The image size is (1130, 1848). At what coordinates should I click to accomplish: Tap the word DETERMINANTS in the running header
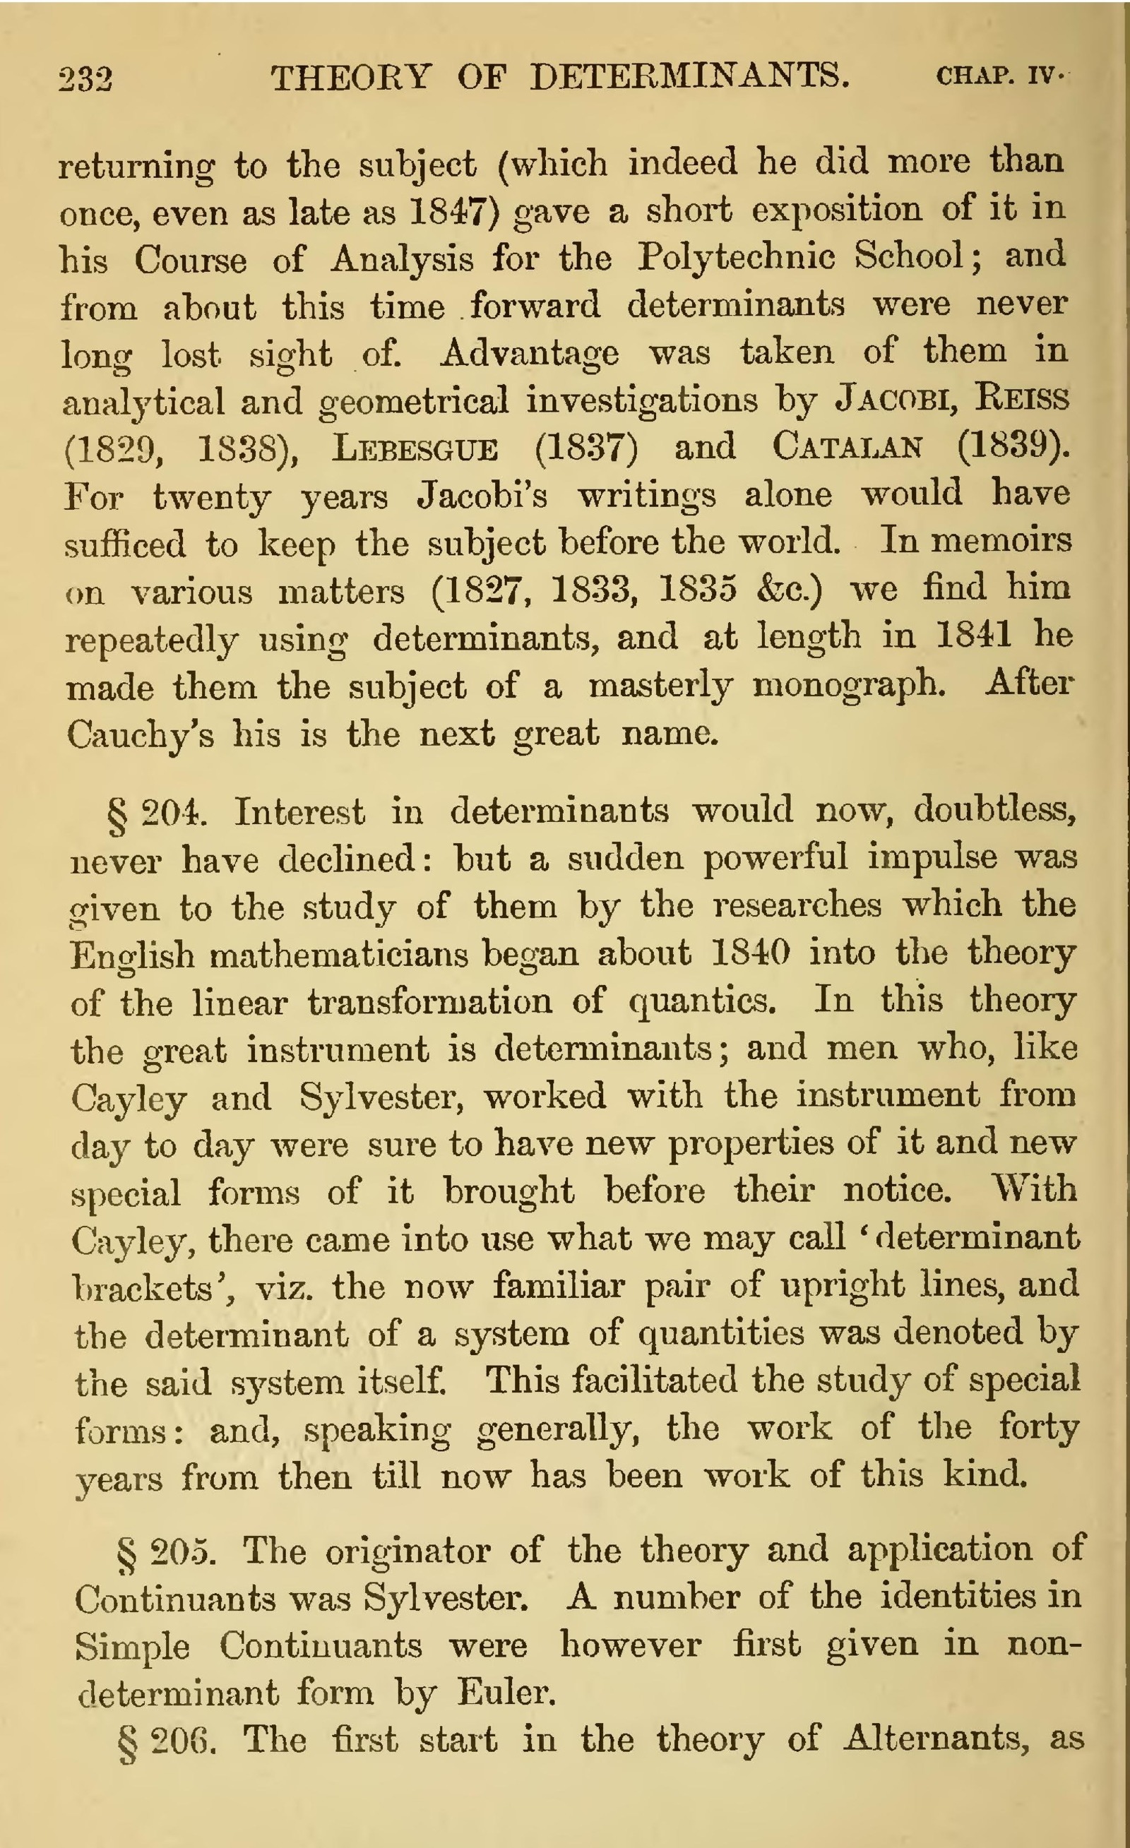coord(689,76)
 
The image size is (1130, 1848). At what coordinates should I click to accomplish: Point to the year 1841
coord(973,636)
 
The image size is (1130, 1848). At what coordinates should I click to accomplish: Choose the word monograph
coord(849,685)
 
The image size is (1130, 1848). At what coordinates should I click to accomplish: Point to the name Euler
coord(506,1693)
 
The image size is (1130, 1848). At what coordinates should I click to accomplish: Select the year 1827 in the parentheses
coord(480,590)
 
